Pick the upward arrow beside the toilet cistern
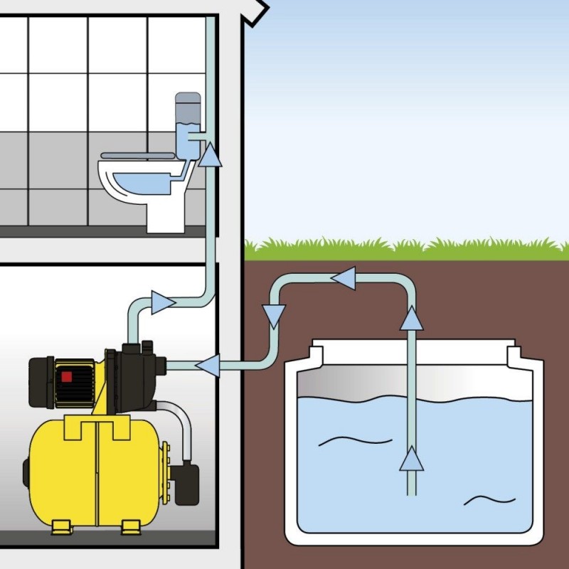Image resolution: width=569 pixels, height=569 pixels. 210,154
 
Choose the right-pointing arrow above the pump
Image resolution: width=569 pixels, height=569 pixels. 163,302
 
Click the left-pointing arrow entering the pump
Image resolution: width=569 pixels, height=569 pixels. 207,366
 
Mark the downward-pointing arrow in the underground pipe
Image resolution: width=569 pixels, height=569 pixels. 274,314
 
